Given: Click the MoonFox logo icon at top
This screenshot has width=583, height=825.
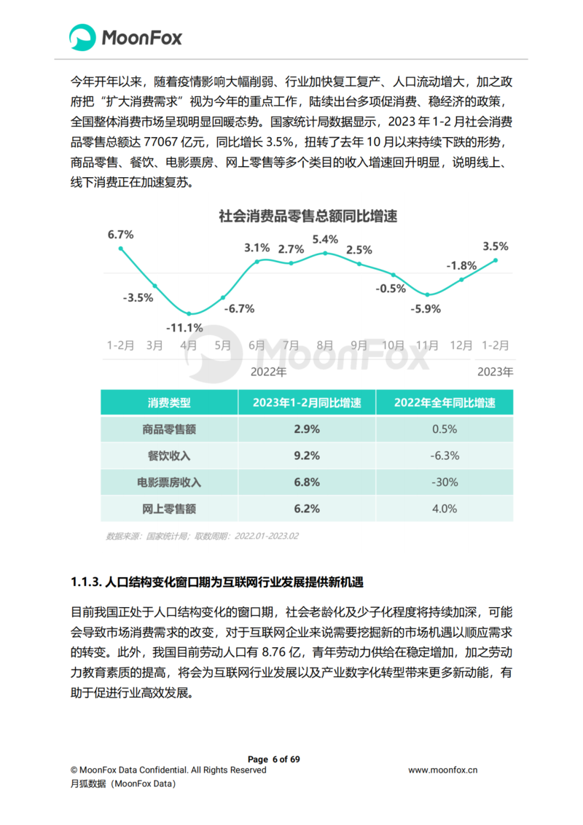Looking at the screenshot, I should pyautogui.click(x=83, y=37).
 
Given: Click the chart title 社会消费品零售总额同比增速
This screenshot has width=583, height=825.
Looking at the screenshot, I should pyautogui.click(x=308, y=216).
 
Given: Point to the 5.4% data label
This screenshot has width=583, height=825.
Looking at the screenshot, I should pyautogui.click(x=325, y=239).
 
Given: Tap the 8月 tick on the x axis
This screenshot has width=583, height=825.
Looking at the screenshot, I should pyautogui.click(x=325, y=345).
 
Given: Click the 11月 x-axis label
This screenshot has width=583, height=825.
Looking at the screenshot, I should pyautogui.click(x=428, y=345).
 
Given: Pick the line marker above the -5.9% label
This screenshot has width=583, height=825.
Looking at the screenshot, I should pyautogui.click(x=428, y=295).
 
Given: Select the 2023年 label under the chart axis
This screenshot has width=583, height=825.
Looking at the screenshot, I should pyautogui.click(x=495, y=371).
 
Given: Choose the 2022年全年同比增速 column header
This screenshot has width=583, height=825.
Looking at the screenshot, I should pyautogui.click(x=445, y=402).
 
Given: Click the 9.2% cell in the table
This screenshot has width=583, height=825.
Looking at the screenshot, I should pyautogui.click(x=307, y=455).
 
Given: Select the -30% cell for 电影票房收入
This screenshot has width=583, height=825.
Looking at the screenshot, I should pyautogui.click(x=445, y=482).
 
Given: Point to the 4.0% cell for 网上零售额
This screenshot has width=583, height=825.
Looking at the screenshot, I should pyautogui.click(x=445, y=508).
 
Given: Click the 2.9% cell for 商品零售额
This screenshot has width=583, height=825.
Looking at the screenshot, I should pyautogui.click(x=307, y=429).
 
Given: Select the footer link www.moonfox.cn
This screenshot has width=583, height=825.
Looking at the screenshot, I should pyautogui.click(x=443, y=770).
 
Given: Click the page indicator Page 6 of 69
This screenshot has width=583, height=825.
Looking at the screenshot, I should pyautogui.click(x=274, y=759).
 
